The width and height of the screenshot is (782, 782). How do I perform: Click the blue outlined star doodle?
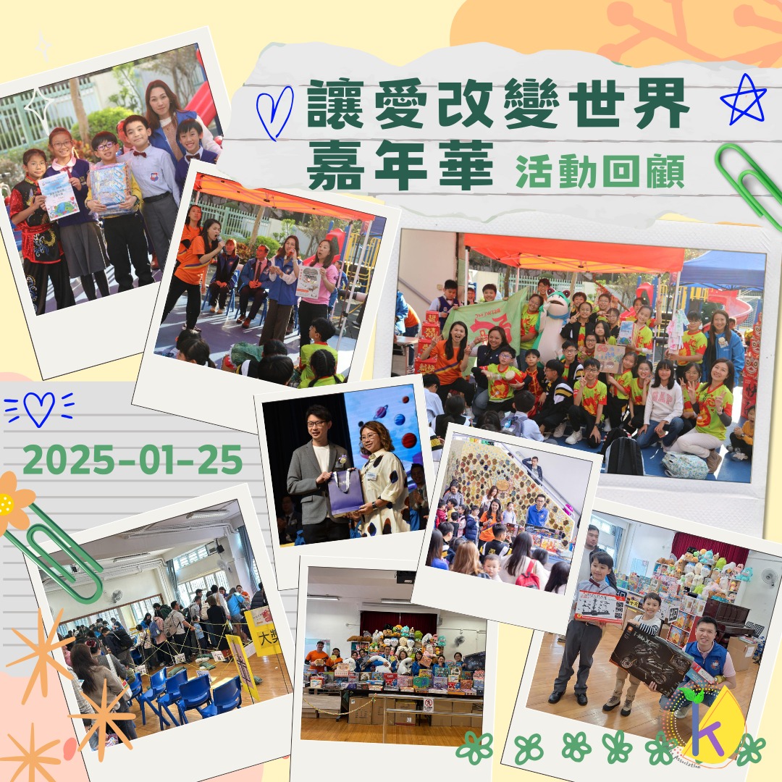tap(743, 100)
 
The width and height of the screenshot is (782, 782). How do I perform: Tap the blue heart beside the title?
tap(274, 112)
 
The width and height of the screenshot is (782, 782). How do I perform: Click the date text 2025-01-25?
tap(133, 459)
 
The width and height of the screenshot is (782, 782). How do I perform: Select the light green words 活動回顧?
tap(600, 172)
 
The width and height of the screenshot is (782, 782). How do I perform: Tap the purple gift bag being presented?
tap(345, 492)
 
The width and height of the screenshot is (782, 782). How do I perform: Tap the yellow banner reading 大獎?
tap(264, 631)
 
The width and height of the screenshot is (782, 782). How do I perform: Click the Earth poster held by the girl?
tap(59, 196)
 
